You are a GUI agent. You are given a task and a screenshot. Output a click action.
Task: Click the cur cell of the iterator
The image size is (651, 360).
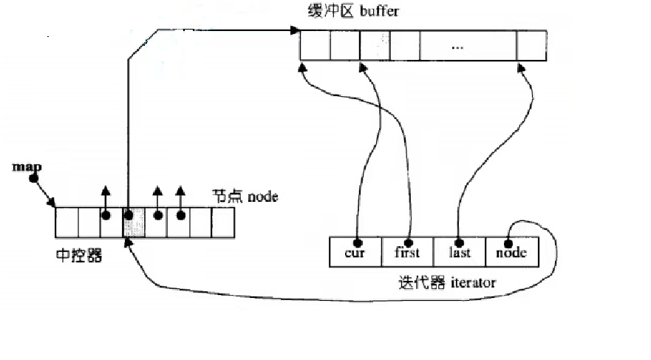[x=355, y=252]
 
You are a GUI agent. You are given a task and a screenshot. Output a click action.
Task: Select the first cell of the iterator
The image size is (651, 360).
[x=407, y=252]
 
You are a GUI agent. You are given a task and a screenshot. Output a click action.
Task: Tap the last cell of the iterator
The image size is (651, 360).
[x=459, y=252]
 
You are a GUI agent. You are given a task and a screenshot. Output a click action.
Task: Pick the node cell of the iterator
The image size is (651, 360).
[x=511, y=252]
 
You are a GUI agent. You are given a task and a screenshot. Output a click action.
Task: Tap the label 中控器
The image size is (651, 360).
[x=78, y=255]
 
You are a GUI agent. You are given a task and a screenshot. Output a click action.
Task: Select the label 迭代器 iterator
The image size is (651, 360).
[x=446, y=282]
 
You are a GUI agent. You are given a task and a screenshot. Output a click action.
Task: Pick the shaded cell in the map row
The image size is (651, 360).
[x=134, y=222]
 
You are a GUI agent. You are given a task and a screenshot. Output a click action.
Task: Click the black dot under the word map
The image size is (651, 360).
[x=33, y=179]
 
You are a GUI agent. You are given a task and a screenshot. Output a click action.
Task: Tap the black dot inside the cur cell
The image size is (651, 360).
[x=357, y=242]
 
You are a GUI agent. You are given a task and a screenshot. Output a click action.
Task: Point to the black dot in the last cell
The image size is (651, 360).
[x=459, y=242]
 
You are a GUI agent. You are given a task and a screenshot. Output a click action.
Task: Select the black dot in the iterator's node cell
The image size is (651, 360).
[x=509, y=242]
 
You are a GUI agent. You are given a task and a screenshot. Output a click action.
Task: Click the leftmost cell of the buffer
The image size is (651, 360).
[x=315, y=46]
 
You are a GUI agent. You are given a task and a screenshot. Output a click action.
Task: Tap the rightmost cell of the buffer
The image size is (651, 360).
[x=531, y=46]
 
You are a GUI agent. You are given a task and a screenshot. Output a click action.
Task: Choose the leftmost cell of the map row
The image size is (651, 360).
[x=67, y=222]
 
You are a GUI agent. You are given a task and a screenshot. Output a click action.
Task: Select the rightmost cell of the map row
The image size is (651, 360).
[x=222, y=222]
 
